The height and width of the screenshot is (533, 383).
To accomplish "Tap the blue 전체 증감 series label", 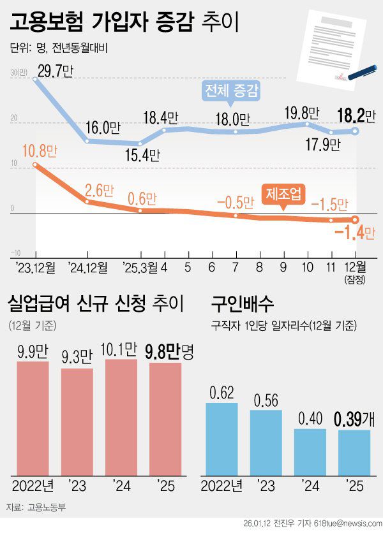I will [x=231, y=91].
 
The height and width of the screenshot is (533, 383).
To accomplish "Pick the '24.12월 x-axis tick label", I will [x=87, y=266].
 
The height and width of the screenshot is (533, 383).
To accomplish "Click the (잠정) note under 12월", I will [x=356, y=279].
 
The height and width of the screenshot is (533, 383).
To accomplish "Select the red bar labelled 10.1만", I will [x=121, y=417].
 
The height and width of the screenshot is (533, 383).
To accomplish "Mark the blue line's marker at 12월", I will [x=356, y=131].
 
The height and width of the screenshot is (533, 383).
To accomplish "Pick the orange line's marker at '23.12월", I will [x=36, y=165].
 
